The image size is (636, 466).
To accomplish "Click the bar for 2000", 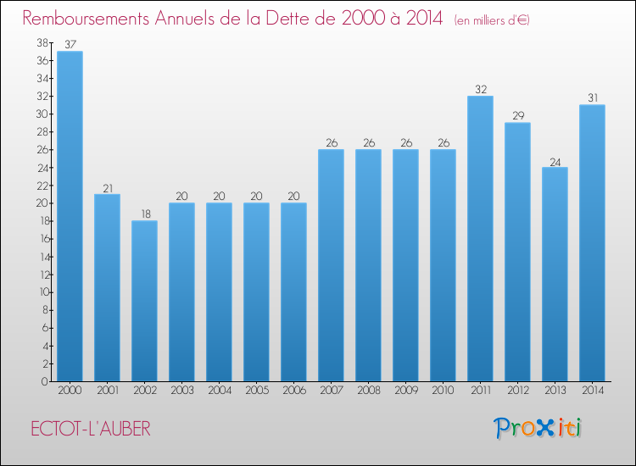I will coord(70,216).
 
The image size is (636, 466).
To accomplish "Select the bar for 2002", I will coord(144,301).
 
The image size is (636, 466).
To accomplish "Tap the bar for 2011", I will coord(480,238).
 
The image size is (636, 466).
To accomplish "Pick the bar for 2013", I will coord(555,274).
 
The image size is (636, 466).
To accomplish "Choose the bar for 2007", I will coord(331,265).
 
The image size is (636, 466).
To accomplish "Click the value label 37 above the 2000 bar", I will coord(70,45).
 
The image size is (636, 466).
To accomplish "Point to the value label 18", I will coord(144,214).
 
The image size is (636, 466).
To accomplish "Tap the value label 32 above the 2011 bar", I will coord(480,89).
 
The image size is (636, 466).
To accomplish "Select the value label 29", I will coord(517,116).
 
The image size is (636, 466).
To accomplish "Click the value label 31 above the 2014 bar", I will coord(592,98).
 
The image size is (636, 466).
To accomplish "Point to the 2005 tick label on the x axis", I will coord(256,391).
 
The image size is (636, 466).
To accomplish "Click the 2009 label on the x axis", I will coord(405,391).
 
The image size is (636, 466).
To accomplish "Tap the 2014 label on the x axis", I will coord(592,391).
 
